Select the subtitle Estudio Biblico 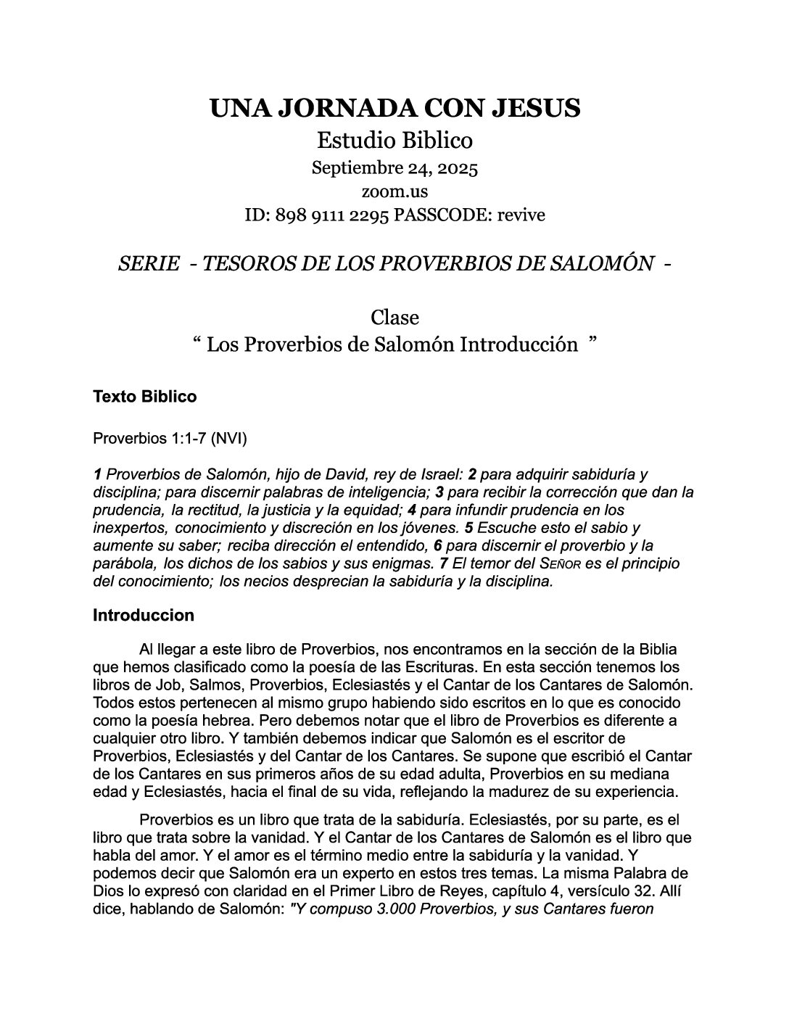[395, 140]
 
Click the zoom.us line [394, 191]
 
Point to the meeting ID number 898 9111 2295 [333, 215]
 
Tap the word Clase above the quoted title [394, 318]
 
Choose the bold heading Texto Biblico [144, 397]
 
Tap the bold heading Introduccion [144, 616]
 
